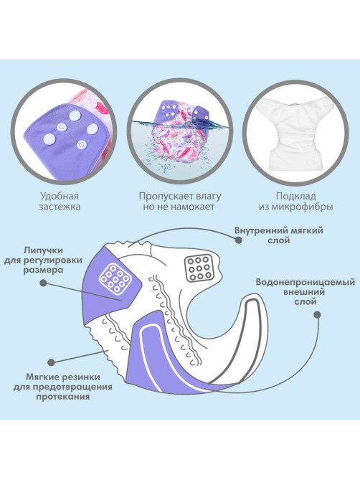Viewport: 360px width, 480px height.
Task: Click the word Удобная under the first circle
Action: coord(60,196)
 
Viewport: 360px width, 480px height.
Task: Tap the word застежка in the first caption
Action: coord(60,207)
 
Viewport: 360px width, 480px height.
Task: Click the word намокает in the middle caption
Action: coord(192,207)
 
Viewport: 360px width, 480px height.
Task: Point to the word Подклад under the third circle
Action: coord(295,196)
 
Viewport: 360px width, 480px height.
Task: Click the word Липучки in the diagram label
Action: coord(43,250)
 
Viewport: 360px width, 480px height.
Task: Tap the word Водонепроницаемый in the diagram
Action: coord(305,282)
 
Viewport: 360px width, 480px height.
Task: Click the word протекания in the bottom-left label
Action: coord(63,397)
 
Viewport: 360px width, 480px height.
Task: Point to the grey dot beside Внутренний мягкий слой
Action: coord(239,240)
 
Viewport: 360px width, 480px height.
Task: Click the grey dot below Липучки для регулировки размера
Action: coord(44,283)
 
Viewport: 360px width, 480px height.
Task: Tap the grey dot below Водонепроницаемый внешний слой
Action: coord(318,315)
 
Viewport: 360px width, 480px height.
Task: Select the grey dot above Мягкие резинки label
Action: coord(52,363)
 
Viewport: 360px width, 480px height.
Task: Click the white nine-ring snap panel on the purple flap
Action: coord(115,278)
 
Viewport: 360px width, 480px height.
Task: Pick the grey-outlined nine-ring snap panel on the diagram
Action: coord(199,268)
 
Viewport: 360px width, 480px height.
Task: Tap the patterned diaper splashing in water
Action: coord(180,128)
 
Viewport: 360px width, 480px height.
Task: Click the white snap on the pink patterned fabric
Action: coord(91,105)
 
